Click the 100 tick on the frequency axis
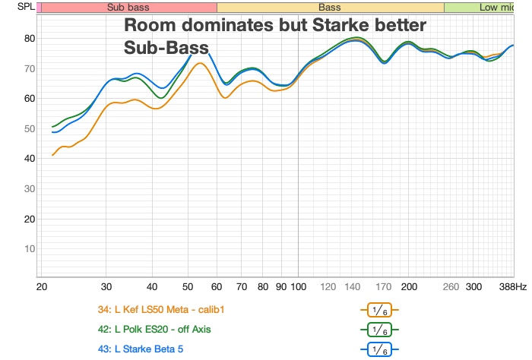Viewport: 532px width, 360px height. click(298, 288)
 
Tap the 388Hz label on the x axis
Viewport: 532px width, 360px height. click(512, 288)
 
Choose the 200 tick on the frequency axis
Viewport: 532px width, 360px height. click(410, 288)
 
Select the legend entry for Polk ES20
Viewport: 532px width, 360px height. click(154, 329)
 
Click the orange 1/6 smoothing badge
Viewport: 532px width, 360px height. click(379, 310)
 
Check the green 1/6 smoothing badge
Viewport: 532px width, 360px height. click(379, 330)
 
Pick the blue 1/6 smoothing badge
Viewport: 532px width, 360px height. click(379, 349)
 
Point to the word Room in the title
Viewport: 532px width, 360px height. click(152, 26)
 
